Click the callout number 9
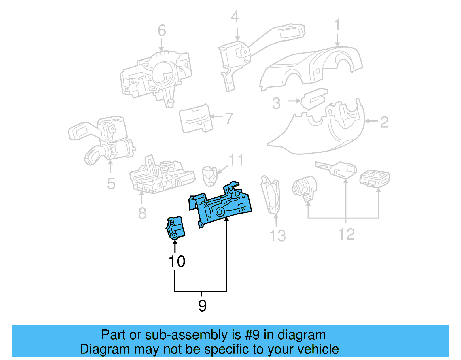202,306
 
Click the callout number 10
177,262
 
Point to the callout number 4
235,17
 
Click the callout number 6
162,31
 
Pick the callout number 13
277,235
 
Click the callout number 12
346,234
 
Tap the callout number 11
236,160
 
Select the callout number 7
229,118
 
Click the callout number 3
276,103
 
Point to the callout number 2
384,122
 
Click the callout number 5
111,184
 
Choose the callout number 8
142,213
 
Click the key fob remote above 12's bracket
375,178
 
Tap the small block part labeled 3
314,99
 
